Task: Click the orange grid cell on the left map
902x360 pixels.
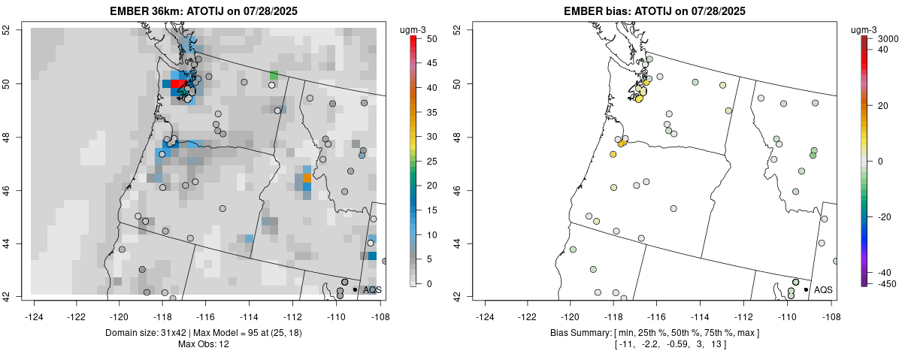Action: pos(307,178)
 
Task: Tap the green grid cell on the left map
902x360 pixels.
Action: pos(274,75)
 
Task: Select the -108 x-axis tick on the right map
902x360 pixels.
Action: pos(831,307)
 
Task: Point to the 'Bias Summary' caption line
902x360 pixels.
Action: pos(655,332)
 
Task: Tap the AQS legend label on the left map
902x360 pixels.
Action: pos(372,289)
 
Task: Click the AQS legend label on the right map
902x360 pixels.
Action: pos(823,289)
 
